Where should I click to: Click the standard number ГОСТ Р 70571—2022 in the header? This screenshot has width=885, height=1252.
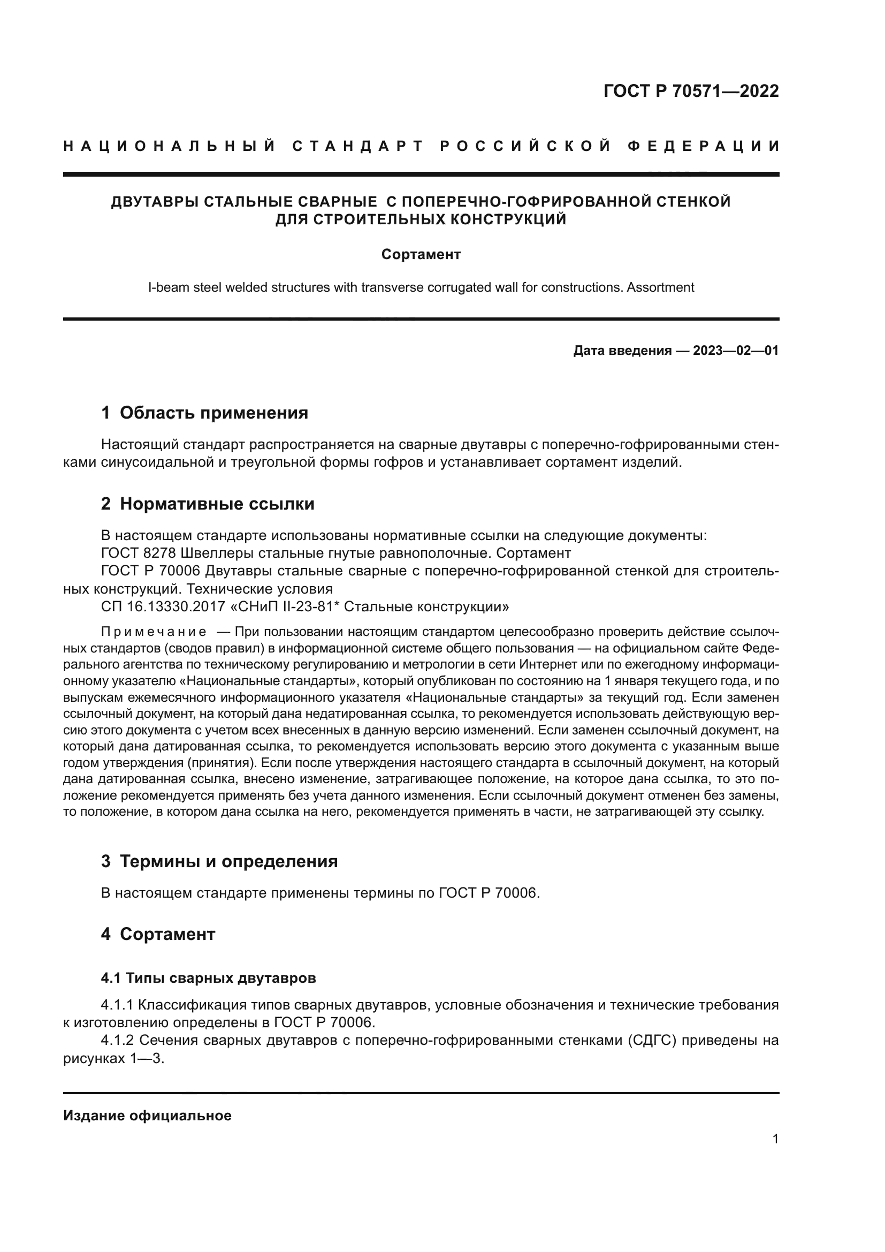[691, 91]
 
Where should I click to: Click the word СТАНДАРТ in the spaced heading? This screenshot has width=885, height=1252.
[358, 146]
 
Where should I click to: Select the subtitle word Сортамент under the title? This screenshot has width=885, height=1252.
[421, 255]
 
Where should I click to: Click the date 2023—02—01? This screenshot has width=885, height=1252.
[736, 351]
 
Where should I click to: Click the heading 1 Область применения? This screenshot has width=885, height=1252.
[204, 413]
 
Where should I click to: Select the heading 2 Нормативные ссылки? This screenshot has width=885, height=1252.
[208, 504]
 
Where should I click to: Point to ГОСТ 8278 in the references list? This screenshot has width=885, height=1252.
[138, 553]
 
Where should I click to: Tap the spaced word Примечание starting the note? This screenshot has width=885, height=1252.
[153, 632]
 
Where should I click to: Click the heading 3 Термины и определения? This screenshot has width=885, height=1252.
[219, 862]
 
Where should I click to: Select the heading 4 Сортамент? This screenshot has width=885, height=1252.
[158, 934]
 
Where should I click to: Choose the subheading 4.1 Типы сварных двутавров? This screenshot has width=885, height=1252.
[208, 978]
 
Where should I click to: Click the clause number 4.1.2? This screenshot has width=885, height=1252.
[117, 1040]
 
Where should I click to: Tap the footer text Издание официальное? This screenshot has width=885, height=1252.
[147, 1116]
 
